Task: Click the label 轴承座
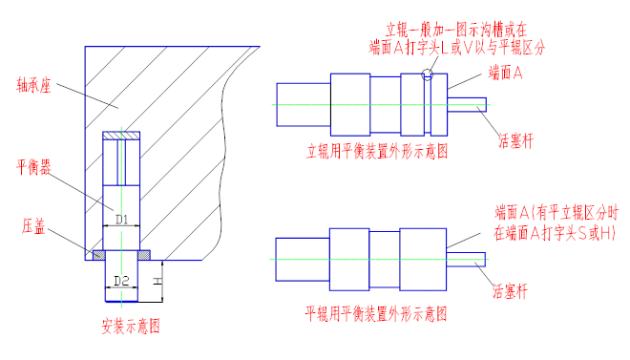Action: tap(33, 86)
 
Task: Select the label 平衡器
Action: tap(33, 167)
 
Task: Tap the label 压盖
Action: tap(33, 226)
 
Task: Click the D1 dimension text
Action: tap(122, 220)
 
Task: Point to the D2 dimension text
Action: tap(121, 281)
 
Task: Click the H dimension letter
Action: tap(157, 281)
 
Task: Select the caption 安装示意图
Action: tap(131, 326)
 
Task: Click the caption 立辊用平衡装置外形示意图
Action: tap(377, 152)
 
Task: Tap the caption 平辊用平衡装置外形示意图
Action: tap(376, 313)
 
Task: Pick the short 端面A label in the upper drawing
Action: tap(506, 73)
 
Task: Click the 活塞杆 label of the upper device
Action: tap(515, 141)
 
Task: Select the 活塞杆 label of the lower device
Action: tap(510, 291)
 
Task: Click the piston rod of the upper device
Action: tap(467, 104)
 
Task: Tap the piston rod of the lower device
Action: tap(466, 260)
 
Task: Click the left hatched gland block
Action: tap(99, 255)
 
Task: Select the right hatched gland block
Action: tap(144, 255)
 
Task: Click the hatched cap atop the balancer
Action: tap(121, 136)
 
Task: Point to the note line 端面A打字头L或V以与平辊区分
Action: tap(457, 48)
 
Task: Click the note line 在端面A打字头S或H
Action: tap(555, 233)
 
